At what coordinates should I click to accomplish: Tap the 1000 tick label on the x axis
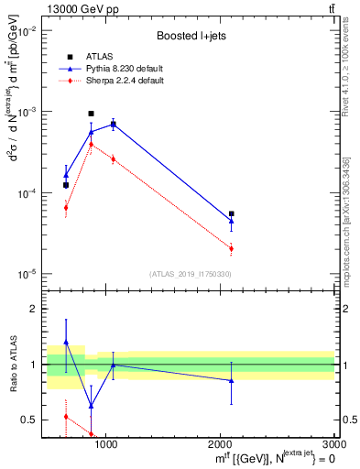tap(106, 444)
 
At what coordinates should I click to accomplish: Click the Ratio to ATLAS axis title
tap(13, 365)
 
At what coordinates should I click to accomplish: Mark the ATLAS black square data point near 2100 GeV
tap(232, 213)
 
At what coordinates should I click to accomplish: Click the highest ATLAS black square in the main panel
tap(91, 114)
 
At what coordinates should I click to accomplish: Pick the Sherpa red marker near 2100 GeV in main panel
tap(232, 248)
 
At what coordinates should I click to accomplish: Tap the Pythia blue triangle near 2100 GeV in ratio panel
tap(232, 380)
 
